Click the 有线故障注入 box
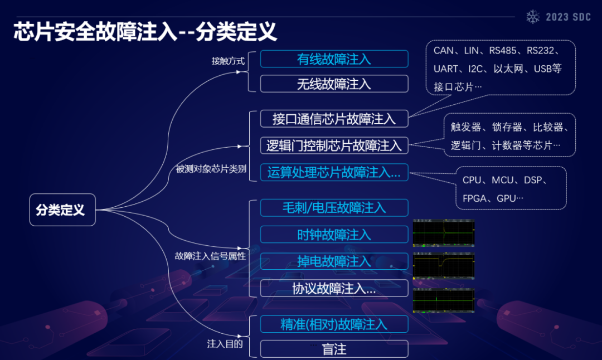point(334,59)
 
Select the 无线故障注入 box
point(334,84)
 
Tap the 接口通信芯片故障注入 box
point(334,119)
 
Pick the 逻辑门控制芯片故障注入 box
point(334,145)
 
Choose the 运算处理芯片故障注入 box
point(334,172)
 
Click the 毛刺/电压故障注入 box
point(334,208)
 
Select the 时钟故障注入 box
point(334,235)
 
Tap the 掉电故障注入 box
point(334,261)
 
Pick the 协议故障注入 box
point(334,289)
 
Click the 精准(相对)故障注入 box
point(334,324)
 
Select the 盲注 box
point(334,349)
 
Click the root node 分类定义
point(62,210)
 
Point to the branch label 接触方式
point(228,61)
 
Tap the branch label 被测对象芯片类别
point(211,169)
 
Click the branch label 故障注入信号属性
point(210,256)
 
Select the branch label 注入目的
point(225,344)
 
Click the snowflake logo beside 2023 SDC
point(533,17)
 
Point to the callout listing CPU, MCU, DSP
point(511,188)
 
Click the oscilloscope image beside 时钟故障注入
point(444,233)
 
